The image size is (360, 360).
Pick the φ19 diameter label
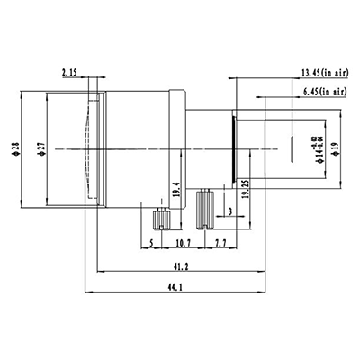pyautogui.click(x=334, y=148)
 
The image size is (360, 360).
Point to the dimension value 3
pyautogui.click(x=232, y=213)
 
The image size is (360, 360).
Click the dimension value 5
pyautogui.click(x=150, y=244)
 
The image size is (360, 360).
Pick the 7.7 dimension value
pyautogui.click(x=220, y=244)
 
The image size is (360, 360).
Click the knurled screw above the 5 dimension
pyautogui.click(x=163, y=219)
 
